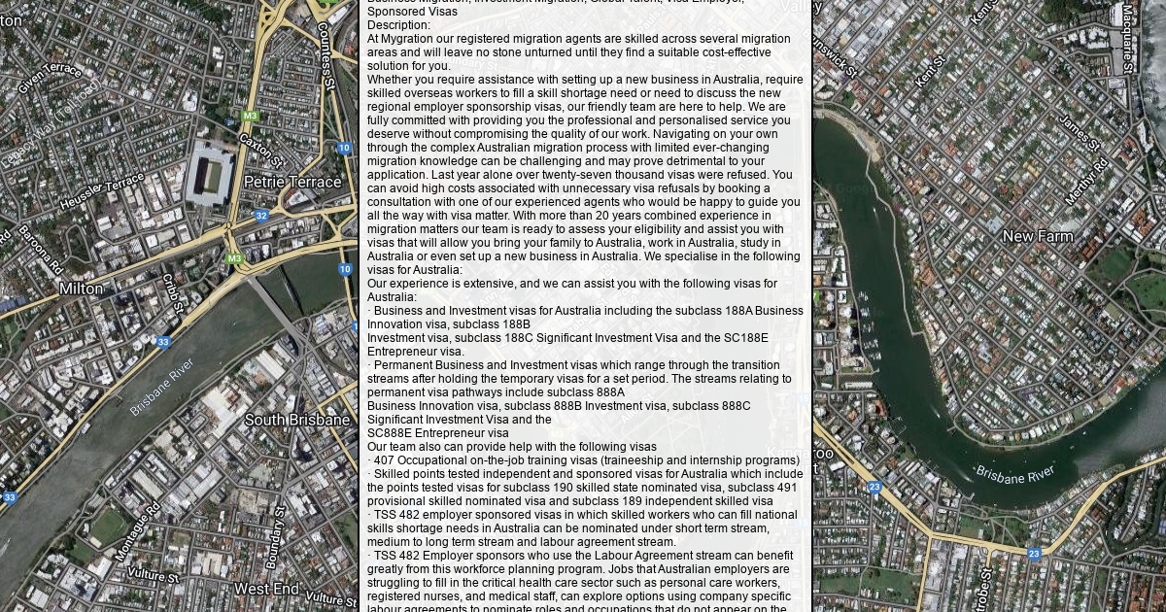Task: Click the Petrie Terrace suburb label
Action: pyautogui.click(x=292, y=182)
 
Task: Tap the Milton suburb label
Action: pyautogui.click(x=81, y=289)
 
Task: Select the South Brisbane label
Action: pyautogui.click(x=296, y=420)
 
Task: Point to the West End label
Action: pyautogui.click(x=266, y=589)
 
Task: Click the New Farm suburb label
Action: pyautogui.click(x=1038, y=236)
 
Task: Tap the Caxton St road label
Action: pyautogui.click(x=261, y=151)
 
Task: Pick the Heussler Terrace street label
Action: pyautogui.click(x=101, y=192)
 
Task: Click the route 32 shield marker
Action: pyautogui.click(x=260, y=216)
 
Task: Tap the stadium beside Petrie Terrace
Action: pyautogui.click(x=210, y=173)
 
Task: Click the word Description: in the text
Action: pyautogui.click(x=398, y=25)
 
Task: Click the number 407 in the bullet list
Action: pyautogui.click(x=385, y=460)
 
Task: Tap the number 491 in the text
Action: pyautogui.click(x=786, y=488)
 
